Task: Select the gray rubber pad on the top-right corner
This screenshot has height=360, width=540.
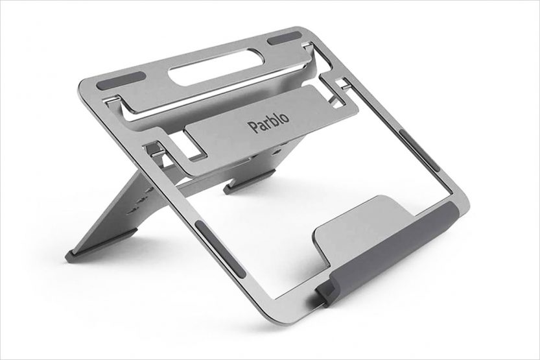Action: (285, 40)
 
